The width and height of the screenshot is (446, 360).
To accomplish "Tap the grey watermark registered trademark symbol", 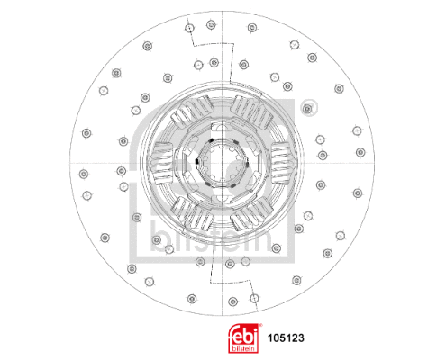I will tap(311, 109).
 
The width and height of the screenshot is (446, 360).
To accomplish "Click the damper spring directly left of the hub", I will tap(166, 166).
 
